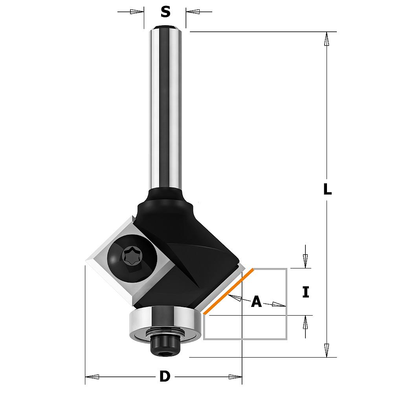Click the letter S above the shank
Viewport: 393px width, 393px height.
pyautogui.click(x=165, y=12)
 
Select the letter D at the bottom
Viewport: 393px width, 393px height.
pyautogui.click(x=165, y=376)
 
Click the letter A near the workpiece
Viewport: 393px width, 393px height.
pyautogui.click(x=256, y=301)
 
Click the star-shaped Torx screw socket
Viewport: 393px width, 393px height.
pyautogui.click(x=132, y=256)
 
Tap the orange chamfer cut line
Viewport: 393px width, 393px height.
pyautogui.click(x=229, y=291)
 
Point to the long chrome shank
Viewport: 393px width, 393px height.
pyautogui.click(x=165, y=108)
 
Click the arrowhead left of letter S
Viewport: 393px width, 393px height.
pyautogui.click(x=137, y=12)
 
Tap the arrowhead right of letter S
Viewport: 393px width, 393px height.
pyautogui.click(x=193, y=11)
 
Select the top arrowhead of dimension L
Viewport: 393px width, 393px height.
pyautogui.click(x=326, y=39)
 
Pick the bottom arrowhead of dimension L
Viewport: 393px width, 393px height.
pyautogui.click(x=326, y=350)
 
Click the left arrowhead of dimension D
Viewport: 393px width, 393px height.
pyautogui.click(x=92, y=376)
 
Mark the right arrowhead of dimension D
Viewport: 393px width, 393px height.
pyautogui.click(x=235, y=376)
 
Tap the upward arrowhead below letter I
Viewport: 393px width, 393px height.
pyautogui.click(x=305, y=322)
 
